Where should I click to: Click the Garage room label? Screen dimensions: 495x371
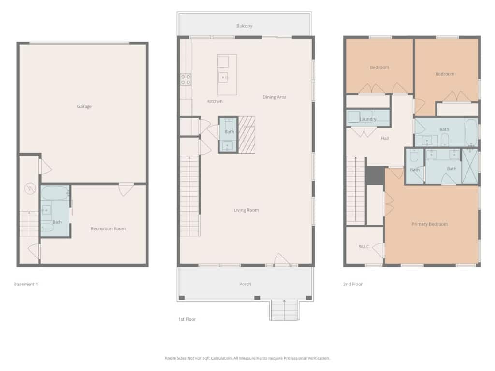(x=84, y=106)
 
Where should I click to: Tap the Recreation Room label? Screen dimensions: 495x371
(x=108, y=228)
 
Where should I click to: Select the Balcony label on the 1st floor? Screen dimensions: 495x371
(x=244, y=26)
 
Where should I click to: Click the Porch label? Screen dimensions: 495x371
(x=245, y=284)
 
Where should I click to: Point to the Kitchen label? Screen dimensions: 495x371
(x=215, y=101)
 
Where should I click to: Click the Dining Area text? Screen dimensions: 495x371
(x=275, y=97)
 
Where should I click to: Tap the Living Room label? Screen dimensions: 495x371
(x=246, y=210)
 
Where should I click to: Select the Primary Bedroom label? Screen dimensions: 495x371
(x=430, y=224)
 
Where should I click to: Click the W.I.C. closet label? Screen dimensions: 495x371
(x=364, y=246)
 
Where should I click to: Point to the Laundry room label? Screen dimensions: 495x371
(x=368, y=119)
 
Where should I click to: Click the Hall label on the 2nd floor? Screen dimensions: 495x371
(x=384, y=138)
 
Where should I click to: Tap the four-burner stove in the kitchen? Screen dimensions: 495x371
(x=186, y=80)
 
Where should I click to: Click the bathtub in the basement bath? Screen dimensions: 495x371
(x=55, y=193)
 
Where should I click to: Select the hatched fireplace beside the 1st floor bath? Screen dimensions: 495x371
(x=247, y=135)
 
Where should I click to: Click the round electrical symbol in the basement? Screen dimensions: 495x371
(x=30, y=189)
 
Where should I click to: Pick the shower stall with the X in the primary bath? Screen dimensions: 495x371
(x=470, y=166)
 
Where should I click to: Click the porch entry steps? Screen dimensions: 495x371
(x=284, y=310)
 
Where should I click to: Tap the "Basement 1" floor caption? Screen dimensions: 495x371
(x=26, y=284)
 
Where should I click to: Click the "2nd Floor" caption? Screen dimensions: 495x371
(x=352, y=284)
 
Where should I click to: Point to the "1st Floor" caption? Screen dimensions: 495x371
(x=187, y=319)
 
